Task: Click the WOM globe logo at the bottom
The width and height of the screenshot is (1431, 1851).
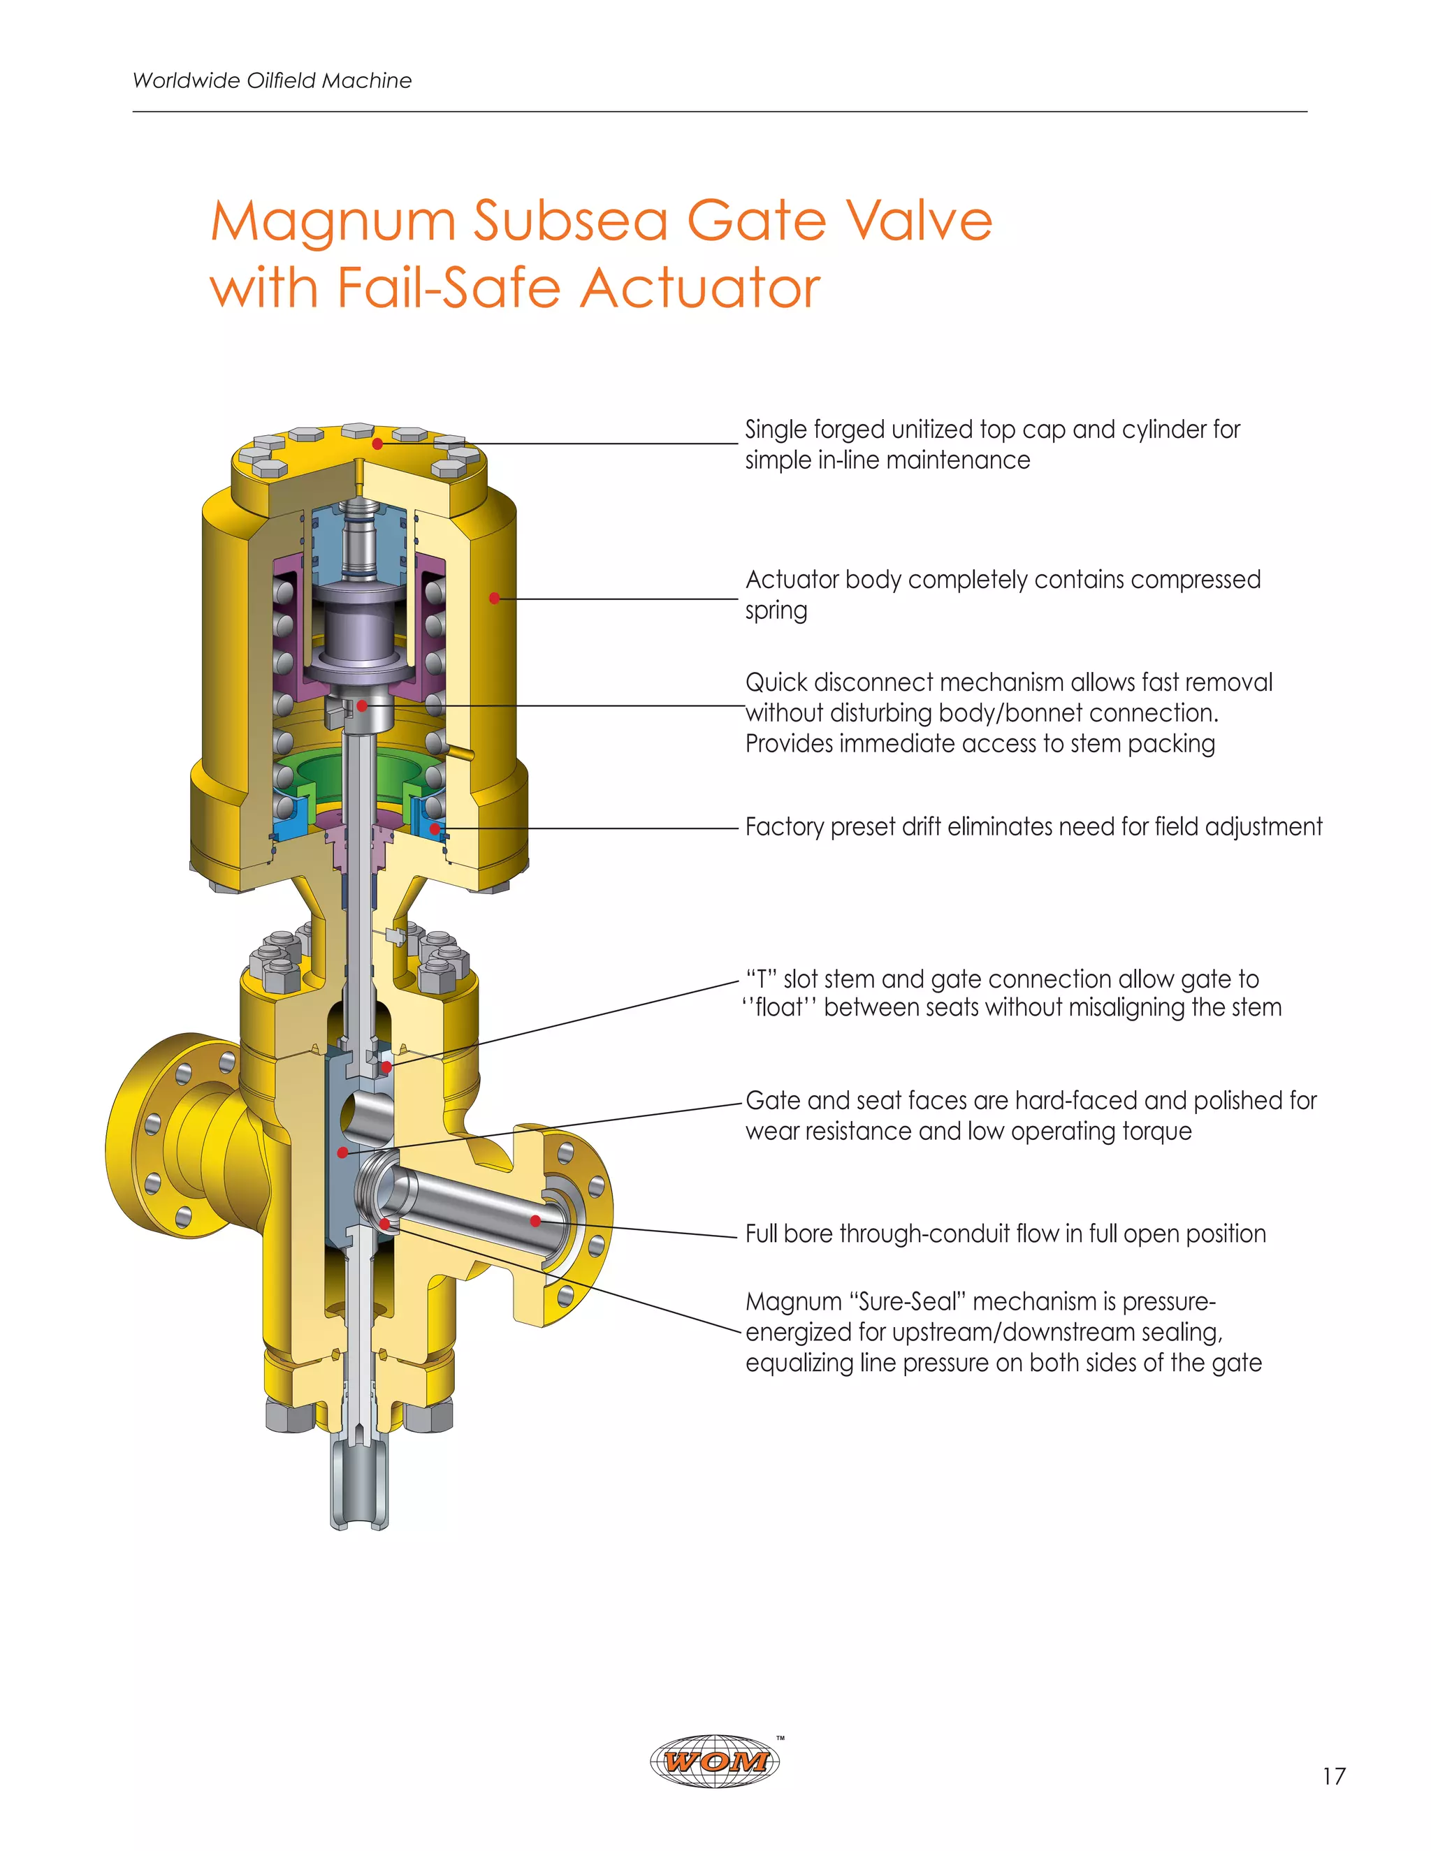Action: click(x=715, y=1761)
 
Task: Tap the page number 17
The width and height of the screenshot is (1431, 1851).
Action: click(x=1333, y=1776)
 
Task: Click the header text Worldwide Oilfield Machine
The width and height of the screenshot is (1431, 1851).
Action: click(x=272, y=80)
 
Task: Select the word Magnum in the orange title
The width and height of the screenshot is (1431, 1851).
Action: click(x=333, y=221)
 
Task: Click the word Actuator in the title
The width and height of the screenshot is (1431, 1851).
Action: click(x=700, y=288)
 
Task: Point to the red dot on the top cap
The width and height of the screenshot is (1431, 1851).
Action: click(x=377, y=444)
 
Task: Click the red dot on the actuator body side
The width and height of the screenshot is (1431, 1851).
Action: click(x=494, y=599)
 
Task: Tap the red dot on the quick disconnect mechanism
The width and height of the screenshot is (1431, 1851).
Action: click(x=362, y=705)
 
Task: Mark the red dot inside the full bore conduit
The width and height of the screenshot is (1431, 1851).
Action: click(x=536, y=1220)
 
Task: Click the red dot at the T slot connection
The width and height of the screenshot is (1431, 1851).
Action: click(x=386, y=1067)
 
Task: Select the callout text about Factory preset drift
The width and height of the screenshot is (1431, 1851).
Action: click(x=1033, y=826)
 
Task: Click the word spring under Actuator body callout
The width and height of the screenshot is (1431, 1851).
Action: click(x=776, y=610)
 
